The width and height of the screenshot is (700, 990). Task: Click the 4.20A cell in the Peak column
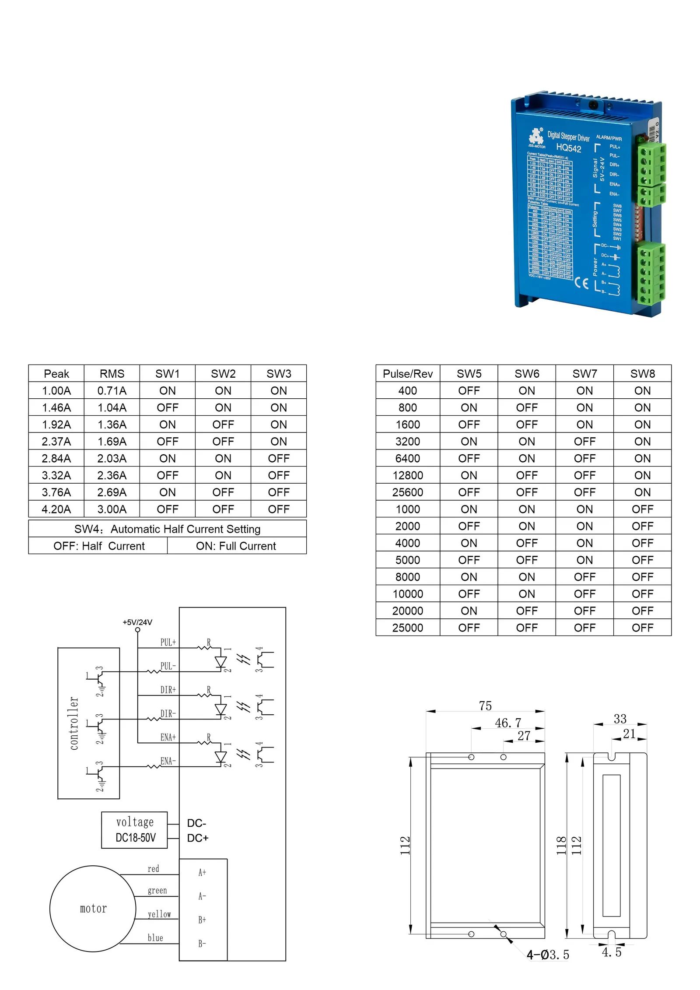(x=56, y=509)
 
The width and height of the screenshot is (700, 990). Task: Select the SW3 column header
(x=279, y=374)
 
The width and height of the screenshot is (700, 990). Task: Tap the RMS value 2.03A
(x=112, y=458)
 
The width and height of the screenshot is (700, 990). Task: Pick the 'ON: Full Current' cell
(x=236, y=546)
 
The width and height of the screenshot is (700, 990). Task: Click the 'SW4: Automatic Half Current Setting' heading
(x=167, y=529)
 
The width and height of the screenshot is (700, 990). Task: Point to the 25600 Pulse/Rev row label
(x=407, y=492)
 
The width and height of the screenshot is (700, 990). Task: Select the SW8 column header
(x=642, y=374)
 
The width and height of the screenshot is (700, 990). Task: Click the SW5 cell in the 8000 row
(x=469, y=577)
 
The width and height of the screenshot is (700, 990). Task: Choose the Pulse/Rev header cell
(x=407, y=374)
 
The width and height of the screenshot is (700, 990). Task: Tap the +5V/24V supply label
(x=137, y=622)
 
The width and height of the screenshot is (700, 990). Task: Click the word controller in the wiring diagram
(x=74, y=723)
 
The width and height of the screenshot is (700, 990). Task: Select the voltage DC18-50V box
(x=135, y=830)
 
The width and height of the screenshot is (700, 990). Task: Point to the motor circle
(x=93, y=909)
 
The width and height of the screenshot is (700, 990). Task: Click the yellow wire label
(x=159, y=914)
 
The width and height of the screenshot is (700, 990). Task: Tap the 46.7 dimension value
(x=508, y=723)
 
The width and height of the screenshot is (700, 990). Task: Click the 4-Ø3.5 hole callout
(x=548, y=955)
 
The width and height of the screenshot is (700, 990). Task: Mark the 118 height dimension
(x=561, y=846)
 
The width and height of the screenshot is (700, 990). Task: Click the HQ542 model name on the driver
(x=568, y=147)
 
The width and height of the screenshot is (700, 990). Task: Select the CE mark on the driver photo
(x=581, y=283)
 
